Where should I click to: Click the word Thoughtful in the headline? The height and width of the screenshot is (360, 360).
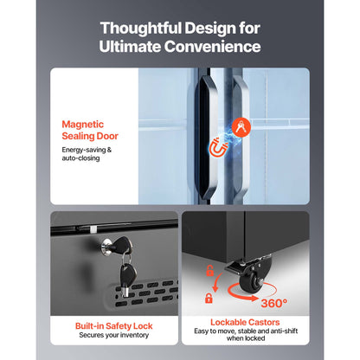click(x=141, y=29)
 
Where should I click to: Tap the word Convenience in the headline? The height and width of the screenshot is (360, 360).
click(x=212, y=47)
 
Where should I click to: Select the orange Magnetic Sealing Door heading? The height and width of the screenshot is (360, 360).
click(x=90, y=130)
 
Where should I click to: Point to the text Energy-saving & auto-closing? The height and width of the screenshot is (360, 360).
click(x=87, y=154)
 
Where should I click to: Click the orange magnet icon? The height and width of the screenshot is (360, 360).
click(x=217, y=147)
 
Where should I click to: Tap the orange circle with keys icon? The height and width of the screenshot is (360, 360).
click(x=241, y=127)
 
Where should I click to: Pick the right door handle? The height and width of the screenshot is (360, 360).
click(x=240, y=137)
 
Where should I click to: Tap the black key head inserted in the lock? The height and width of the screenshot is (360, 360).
click(x=122, y=245)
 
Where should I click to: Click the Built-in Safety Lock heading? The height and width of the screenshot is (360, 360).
click(x=114, y=326)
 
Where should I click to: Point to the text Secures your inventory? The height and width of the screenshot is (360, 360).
click(x=114, y=335)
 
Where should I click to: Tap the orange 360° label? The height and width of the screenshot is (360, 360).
click(x=274, y=303)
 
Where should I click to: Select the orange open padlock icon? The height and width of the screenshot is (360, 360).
click(x=209, y=271)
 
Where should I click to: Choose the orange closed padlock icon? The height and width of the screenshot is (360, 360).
click(x=209, y=299)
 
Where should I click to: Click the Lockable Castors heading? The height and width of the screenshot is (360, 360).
click(x=245, y=322)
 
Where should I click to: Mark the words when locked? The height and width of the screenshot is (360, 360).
click(x=246, y=338)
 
